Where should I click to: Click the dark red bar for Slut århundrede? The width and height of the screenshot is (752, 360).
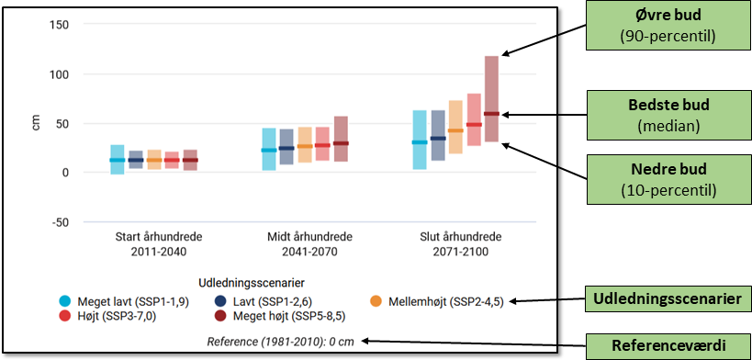point(491,99)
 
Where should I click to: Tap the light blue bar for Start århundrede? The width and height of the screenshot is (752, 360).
point(117,160)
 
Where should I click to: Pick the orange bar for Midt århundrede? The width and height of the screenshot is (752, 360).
point(305,145)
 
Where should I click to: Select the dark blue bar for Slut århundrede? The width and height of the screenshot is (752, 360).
point(438,135)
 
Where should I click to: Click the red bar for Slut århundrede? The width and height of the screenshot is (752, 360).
point(474,119)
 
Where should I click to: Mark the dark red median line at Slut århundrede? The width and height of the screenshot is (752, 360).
point(491,114)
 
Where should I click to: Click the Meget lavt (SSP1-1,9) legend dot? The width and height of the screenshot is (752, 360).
point(66,302)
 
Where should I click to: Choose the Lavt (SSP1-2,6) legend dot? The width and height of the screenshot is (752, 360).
point(220,302)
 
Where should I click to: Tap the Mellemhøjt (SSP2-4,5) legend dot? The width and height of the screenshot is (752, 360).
point(376,302)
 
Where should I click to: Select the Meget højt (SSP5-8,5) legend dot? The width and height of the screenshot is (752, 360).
point(220,316)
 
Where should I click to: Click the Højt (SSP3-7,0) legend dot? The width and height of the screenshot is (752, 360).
point(66,316)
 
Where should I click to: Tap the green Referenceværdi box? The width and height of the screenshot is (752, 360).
point(668,345)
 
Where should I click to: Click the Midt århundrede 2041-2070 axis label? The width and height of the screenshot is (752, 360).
point(309,244)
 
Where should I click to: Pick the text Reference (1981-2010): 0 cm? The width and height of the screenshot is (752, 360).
point(281,342)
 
